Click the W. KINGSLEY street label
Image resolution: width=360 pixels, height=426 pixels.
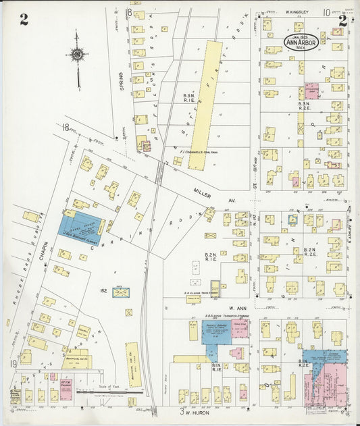(296, 12)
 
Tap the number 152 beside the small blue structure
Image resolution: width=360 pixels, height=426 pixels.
(104, 291)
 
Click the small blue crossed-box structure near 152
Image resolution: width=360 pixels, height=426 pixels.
(121, 293)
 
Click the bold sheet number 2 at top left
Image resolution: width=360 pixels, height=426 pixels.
(24, 20)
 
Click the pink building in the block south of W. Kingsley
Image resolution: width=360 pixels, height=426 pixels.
(311, 90)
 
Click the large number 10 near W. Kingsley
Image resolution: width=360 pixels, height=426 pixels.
(326, 12)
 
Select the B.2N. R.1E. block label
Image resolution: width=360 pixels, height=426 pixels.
(210, 256)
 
